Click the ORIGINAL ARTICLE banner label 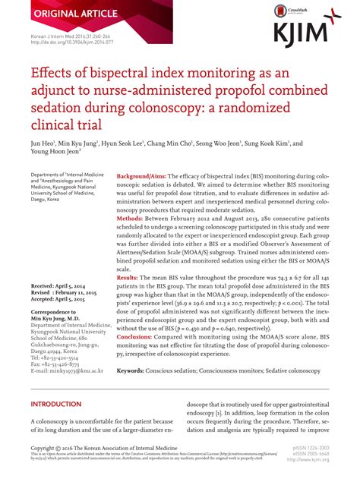(53, 14)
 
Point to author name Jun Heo (44, 143)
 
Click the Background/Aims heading (142, 176)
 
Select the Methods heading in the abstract (134, 218)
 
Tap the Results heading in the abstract (132, 279)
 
